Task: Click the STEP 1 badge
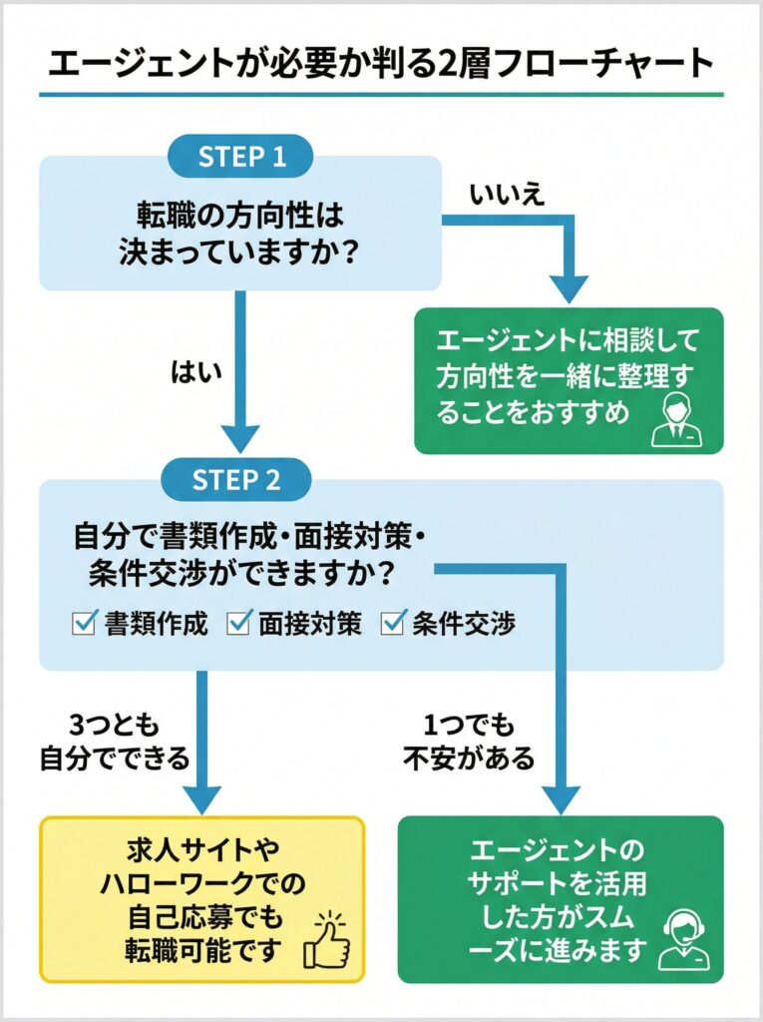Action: [240, 157]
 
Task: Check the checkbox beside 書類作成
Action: [84, 624]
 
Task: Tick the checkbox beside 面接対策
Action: [238, 624]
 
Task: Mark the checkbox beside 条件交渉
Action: [392, 624]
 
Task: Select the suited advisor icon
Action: [675, 419]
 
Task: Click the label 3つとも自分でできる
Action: [114, 743]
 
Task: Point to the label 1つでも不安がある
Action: [469, 743]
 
